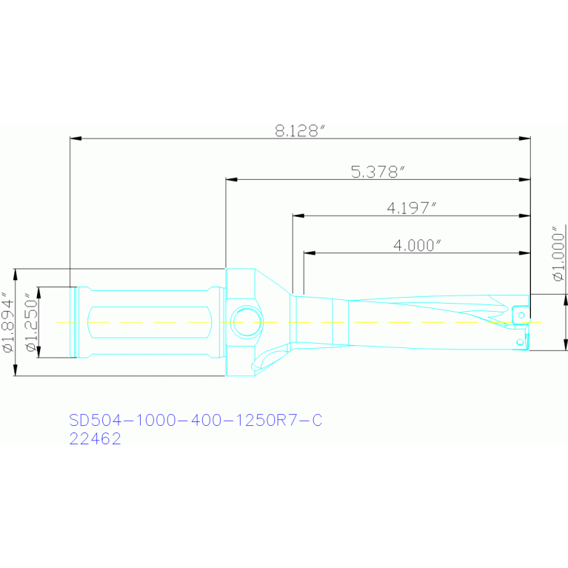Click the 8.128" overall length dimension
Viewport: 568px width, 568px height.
click(x=301, y=131)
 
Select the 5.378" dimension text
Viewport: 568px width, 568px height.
click(x=378, y=172)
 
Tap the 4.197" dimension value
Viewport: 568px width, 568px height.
click(x=412, y=208)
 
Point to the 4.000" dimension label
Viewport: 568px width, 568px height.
click(x=417, y=245)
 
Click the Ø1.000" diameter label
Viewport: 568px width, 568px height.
click(x=558, y=253)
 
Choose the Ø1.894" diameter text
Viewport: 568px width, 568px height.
click(x=8, y=322)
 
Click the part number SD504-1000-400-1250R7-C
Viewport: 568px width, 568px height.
click(x=196, y=420)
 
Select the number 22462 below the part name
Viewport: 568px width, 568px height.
click(x=95, y=438)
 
